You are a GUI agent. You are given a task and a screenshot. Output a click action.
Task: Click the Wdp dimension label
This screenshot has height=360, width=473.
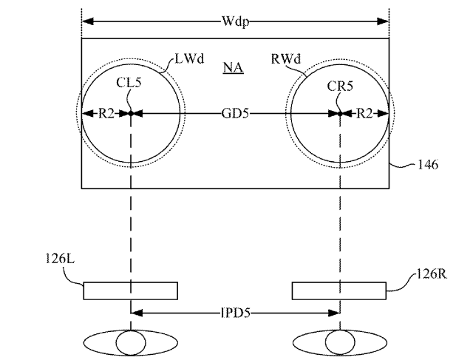236,21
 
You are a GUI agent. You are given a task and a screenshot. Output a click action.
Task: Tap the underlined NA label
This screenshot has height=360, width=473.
234,67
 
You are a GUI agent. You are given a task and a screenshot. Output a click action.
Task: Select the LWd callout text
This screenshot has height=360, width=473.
189,58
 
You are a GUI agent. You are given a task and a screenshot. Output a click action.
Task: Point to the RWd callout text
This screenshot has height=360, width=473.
286,58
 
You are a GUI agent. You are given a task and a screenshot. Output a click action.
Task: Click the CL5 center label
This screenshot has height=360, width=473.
129,82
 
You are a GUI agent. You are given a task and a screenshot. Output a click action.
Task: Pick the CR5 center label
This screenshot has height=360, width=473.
340,86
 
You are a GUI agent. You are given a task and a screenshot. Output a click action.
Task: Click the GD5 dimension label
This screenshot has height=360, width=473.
235,114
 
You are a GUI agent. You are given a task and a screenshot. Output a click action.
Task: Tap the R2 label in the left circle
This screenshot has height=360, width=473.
106,114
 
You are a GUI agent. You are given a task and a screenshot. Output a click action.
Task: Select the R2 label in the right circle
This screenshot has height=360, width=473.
364,114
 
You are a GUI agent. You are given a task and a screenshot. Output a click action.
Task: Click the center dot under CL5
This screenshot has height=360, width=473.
131,114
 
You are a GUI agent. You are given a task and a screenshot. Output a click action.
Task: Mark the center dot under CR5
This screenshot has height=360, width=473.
340,114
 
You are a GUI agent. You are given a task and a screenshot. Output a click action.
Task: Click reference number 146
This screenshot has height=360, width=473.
427,165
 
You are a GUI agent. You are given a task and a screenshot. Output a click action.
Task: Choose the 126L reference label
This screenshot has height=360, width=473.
60,259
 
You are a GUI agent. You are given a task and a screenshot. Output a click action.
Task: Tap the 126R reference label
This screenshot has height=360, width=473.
432,274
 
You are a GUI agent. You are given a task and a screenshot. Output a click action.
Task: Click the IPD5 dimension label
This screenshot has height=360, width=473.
236,313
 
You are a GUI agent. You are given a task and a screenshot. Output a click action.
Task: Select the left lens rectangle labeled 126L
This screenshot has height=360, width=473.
131,291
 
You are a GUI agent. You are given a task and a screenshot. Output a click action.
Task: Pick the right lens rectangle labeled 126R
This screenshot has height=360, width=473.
339,291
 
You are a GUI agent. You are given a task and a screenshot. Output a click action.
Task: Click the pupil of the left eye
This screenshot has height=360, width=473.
131,343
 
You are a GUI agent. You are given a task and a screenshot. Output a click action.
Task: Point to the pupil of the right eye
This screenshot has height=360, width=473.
340,343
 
